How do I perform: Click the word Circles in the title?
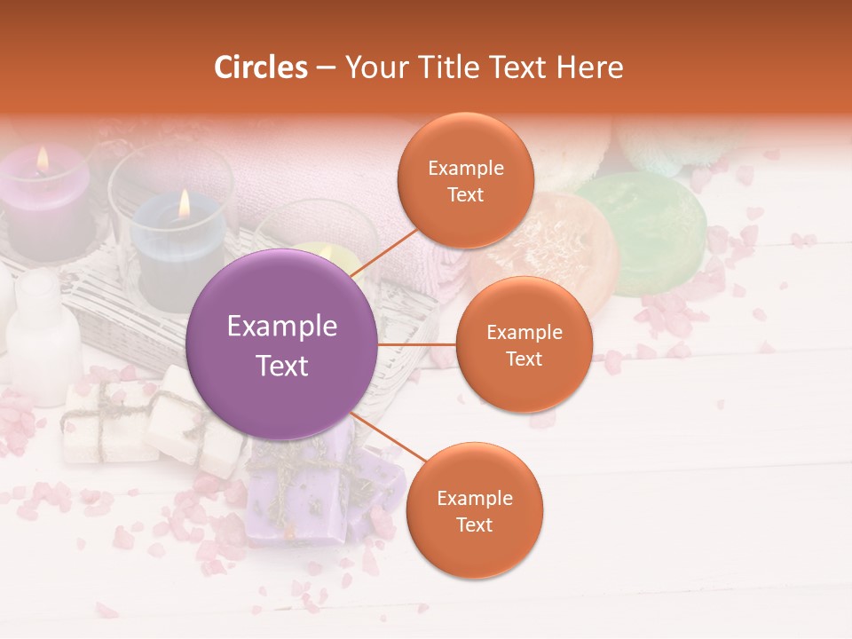click(261, 67)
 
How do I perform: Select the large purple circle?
click(282, 344)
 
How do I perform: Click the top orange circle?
click(466, 180)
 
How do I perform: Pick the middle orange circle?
click(524, 344)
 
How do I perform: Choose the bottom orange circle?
click(474, 510)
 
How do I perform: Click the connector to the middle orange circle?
click(417, 344)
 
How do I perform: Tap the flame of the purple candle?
click(43, 160)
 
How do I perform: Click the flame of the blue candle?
click(184, 204)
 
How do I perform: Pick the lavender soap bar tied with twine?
click(311, 497)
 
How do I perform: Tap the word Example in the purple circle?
click(282, 327)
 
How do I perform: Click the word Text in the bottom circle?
click(474, 525)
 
